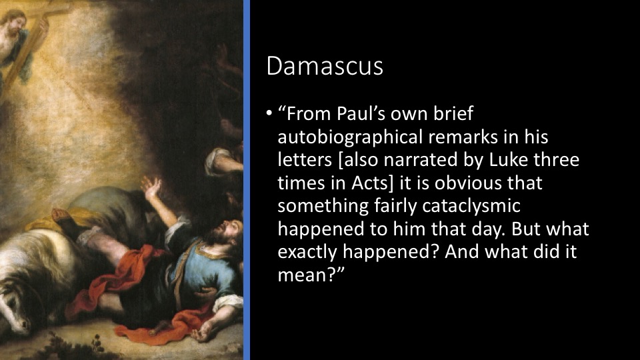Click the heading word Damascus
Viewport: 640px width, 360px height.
click(x=325, y=66)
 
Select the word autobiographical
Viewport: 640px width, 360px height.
click(x=350, y=137)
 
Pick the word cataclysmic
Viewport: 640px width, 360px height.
click(x=471, y=206)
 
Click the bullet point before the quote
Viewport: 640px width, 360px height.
click(x=269, y=114)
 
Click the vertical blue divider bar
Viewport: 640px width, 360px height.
click(x=247, y=180)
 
